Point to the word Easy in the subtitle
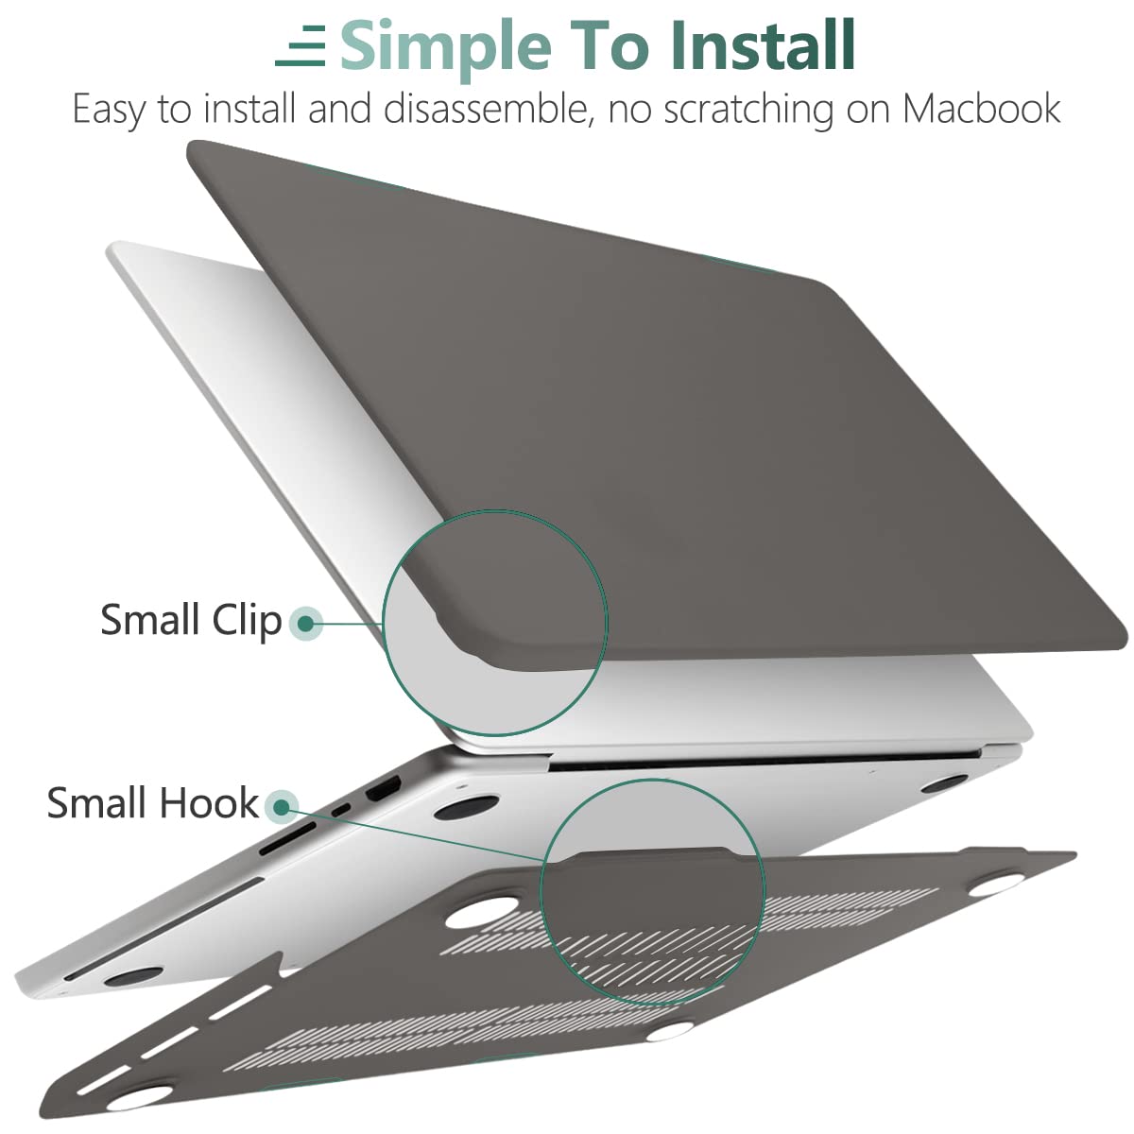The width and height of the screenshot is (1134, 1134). point(111,110)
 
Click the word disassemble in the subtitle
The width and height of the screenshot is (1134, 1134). point(488,110)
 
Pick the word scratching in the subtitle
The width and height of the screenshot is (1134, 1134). point(748,110)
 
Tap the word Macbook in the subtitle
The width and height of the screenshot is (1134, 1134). point(981,110)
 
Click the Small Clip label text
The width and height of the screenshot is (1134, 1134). point(191,620)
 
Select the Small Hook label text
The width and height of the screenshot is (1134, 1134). point(152,803)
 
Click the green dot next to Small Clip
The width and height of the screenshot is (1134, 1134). point(305,623)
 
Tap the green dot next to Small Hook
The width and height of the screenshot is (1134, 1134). point(281,806)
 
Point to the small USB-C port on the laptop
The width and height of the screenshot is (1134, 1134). point(340,809)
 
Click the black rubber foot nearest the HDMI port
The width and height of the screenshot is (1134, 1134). point(467,806)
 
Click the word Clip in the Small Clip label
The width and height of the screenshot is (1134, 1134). point(247,620)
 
